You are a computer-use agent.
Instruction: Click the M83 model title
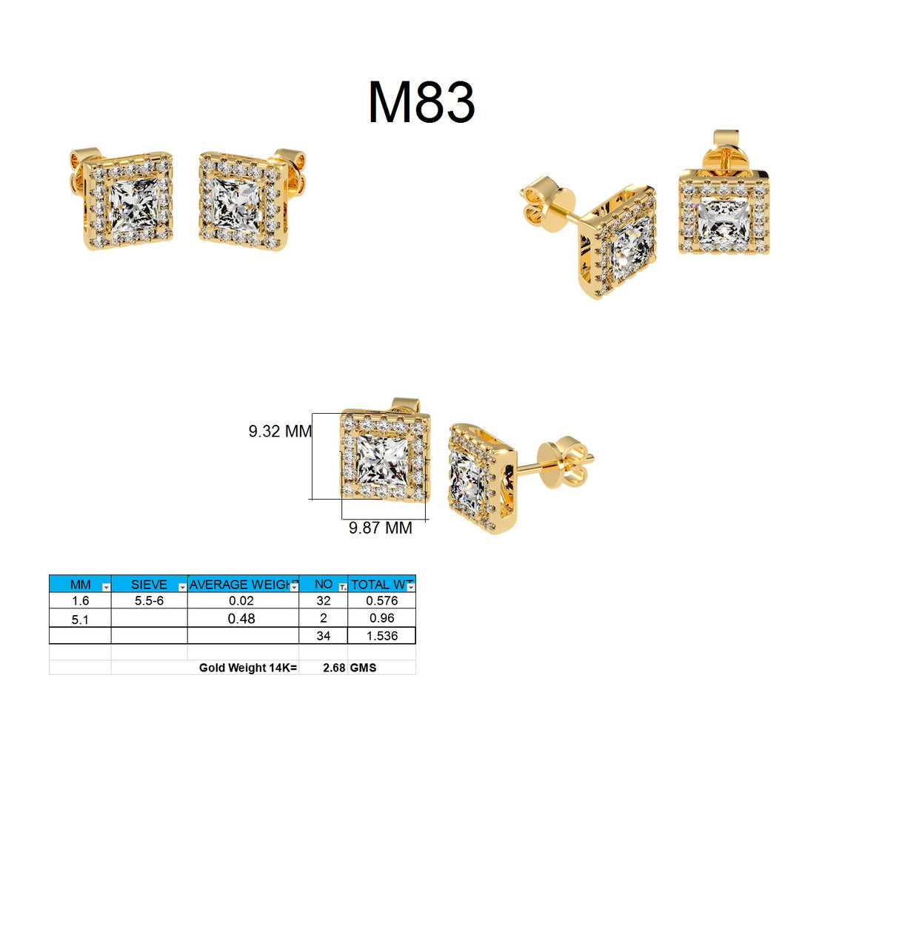click(421, 102)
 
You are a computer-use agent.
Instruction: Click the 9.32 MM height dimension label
click(279, 431)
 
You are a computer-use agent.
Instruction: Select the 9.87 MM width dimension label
click(380, 528)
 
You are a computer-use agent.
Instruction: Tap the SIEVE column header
click(148, 584)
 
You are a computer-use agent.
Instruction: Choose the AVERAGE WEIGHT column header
click(241, 584)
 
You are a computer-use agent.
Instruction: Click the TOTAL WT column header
click(380, 584)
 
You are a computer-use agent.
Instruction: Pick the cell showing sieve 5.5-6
click(149, 601)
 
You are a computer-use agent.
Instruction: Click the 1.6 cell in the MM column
click(80, 601)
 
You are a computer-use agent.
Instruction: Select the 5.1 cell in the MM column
click(80, 619)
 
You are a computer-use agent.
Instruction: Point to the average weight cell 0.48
click(241, 618)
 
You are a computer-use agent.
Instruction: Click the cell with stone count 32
click(323, 601)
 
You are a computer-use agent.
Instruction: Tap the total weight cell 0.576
click(381, 601)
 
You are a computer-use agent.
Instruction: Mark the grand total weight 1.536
click(381, 636)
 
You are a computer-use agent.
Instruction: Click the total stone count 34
click(323, 636)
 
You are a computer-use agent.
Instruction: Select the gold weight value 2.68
click(334, 668)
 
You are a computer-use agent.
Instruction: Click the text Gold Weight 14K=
click(247, 668)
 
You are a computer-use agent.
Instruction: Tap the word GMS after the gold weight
click(363, 668)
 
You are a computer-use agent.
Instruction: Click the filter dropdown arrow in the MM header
click(106, 587)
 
